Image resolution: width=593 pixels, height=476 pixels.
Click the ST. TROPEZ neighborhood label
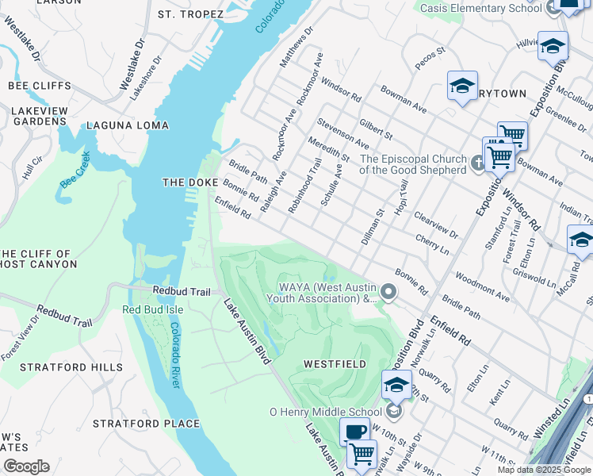[187, 14]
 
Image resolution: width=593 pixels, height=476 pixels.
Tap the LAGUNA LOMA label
[128, 125]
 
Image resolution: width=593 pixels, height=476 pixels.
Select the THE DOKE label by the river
[185, 182]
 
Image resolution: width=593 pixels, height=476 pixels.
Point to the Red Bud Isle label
[152, 309]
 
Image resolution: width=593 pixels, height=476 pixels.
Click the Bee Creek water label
[75, 175]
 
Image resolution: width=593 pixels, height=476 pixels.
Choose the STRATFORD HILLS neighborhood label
[71, 367]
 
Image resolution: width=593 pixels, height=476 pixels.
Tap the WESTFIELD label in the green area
[335, 364]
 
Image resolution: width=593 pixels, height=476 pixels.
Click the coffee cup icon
[354, 432]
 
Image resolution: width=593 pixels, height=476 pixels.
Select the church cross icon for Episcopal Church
[477, 163]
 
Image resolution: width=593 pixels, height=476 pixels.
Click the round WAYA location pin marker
[388, 293]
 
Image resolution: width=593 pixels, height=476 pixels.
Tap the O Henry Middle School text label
[326, 412]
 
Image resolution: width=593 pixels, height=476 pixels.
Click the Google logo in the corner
[26, 466]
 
